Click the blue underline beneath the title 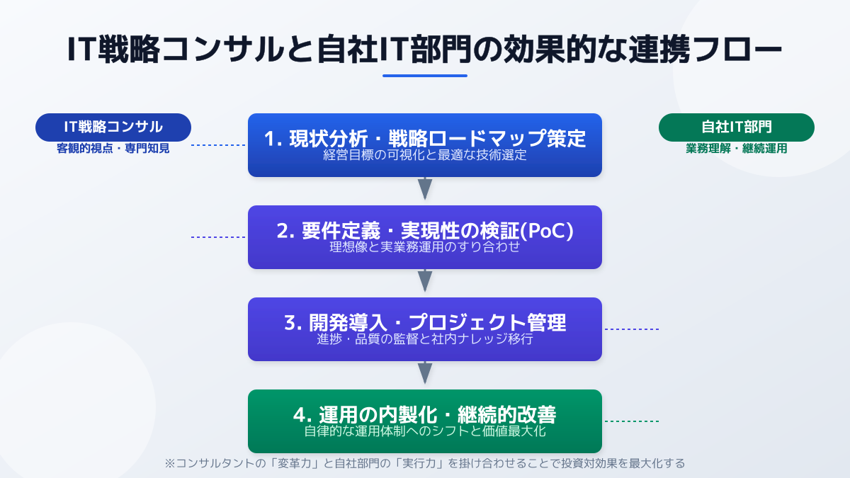[425, 76]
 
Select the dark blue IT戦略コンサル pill [113, 127]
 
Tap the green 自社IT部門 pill [737, 127]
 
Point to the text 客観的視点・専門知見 [113, 149]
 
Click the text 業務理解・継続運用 [737, 149]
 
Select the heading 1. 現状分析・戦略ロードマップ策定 [425, 139]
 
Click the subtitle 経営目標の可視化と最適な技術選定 [425, 155]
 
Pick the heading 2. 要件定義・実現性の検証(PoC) [425, 231]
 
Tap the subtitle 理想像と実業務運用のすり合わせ [425, 247]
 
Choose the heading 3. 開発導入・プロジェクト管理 [425, 323]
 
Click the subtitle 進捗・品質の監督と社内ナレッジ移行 [425, 339]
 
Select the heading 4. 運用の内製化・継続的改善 [425, 414]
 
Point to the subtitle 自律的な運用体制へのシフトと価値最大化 [425, 431]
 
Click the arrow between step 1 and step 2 [425, 189]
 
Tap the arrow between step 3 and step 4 [425, 372]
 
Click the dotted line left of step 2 [218, 237]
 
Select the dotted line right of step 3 [630, 329]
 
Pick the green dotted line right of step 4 [630, 421]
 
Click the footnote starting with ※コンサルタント [425, 464]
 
